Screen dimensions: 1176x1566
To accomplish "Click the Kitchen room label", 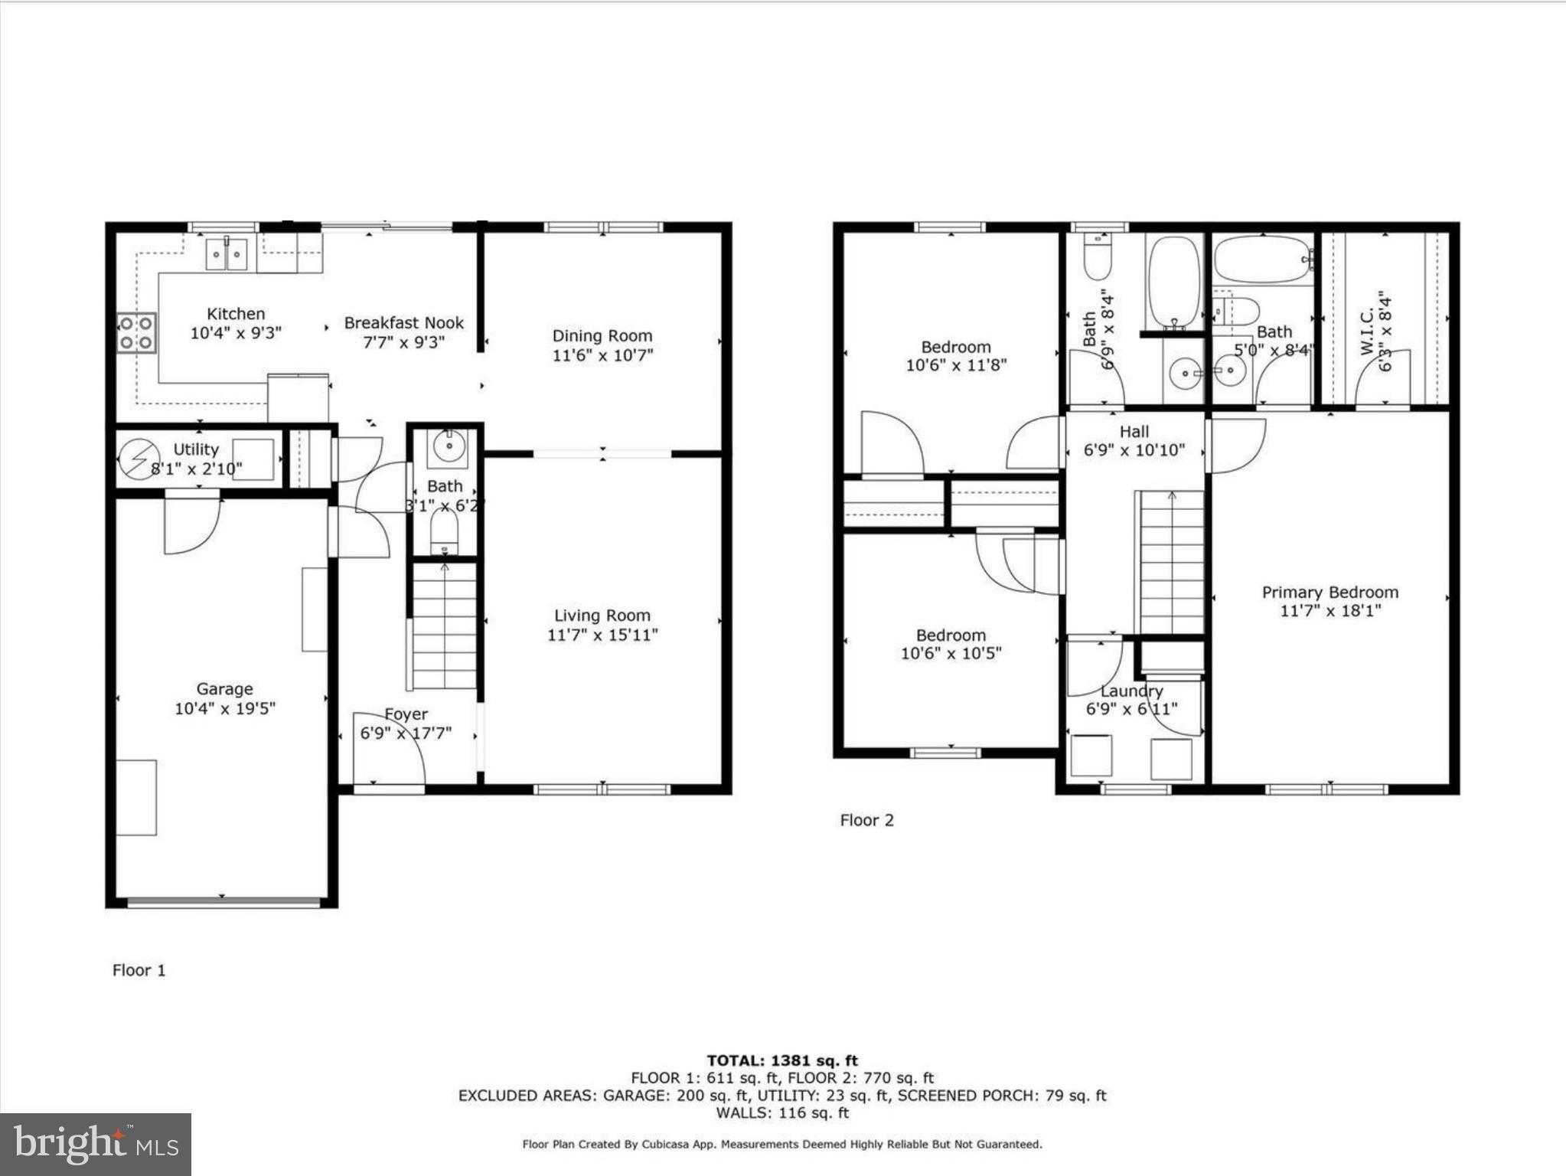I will click(x=236, y=314).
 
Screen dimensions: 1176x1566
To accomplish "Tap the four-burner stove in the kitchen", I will click(x=136, y=333).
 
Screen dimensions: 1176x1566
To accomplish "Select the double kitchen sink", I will click(x=227, y=254).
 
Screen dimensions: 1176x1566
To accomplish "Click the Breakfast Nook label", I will click(x=403, y=323).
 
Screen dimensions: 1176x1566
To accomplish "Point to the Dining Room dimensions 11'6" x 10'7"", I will click(x=602, y=355).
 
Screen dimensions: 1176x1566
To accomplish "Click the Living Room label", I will click(x=602, y=616).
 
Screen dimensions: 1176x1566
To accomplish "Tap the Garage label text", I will click(x=224, y=689).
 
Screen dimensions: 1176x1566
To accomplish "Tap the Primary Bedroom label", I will click(x=1330, y=593).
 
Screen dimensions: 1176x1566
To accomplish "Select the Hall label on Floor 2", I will click(x=1134, y=432).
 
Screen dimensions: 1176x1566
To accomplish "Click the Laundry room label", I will click(x=1131, y=691).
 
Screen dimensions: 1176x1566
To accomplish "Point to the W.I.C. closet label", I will click(x=1367, y=333).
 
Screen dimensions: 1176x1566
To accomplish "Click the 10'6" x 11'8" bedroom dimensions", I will click(x=956, y=366).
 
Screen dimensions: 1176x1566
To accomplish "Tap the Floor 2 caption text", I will click(x=866, y=820).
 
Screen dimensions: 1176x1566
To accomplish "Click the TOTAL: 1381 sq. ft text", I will click(x=782, y=1060).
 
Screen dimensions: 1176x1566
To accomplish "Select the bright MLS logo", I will click(x=96, y=1144).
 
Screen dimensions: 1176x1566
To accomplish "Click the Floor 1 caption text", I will click(x=139, y=970).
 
